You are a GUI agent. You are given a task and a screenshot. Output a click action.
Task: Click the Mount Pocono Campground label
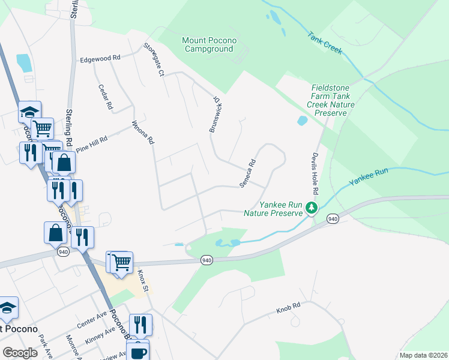click(209, 44)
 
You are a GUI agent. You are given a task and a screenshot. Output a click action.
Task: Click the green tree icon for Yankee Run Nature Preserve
click(311, 208)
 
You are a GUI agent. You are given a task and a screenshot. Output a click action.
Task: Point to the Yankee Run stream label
click(369, 181)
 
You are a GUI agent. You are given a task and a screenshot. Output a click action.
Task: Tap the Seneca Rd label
click(249, 173)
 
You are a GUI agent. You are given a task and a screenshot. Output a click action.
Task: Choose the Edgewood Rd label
click(101, 58)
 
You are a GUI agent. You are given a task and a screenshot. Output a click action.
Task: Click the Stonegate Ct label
click(154, 59)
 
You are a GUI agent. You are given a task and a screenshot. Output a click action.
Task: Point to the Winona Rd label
click(143, 133)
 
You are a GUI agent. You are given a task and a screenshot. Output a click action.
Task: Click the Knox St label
click(142, 279)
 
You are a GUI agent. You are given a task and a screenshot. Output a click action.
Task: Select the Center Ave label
click(91, 317)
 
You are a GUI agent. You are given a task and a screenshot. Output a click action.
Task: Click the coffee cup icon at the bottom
click(138, 351)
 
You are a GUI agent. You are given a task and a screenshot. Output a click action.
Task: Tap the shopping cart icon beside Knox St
click(122, 262)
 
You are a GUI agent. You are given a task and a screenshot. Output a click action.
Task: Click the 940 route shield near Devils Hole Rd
click(333, 220)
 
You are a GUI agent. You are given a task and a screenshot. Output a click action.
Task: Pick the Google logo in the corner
click(19, 353)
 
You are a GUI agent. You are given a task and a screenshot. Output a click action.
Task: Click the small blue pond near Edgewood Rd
click(25, 63)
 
